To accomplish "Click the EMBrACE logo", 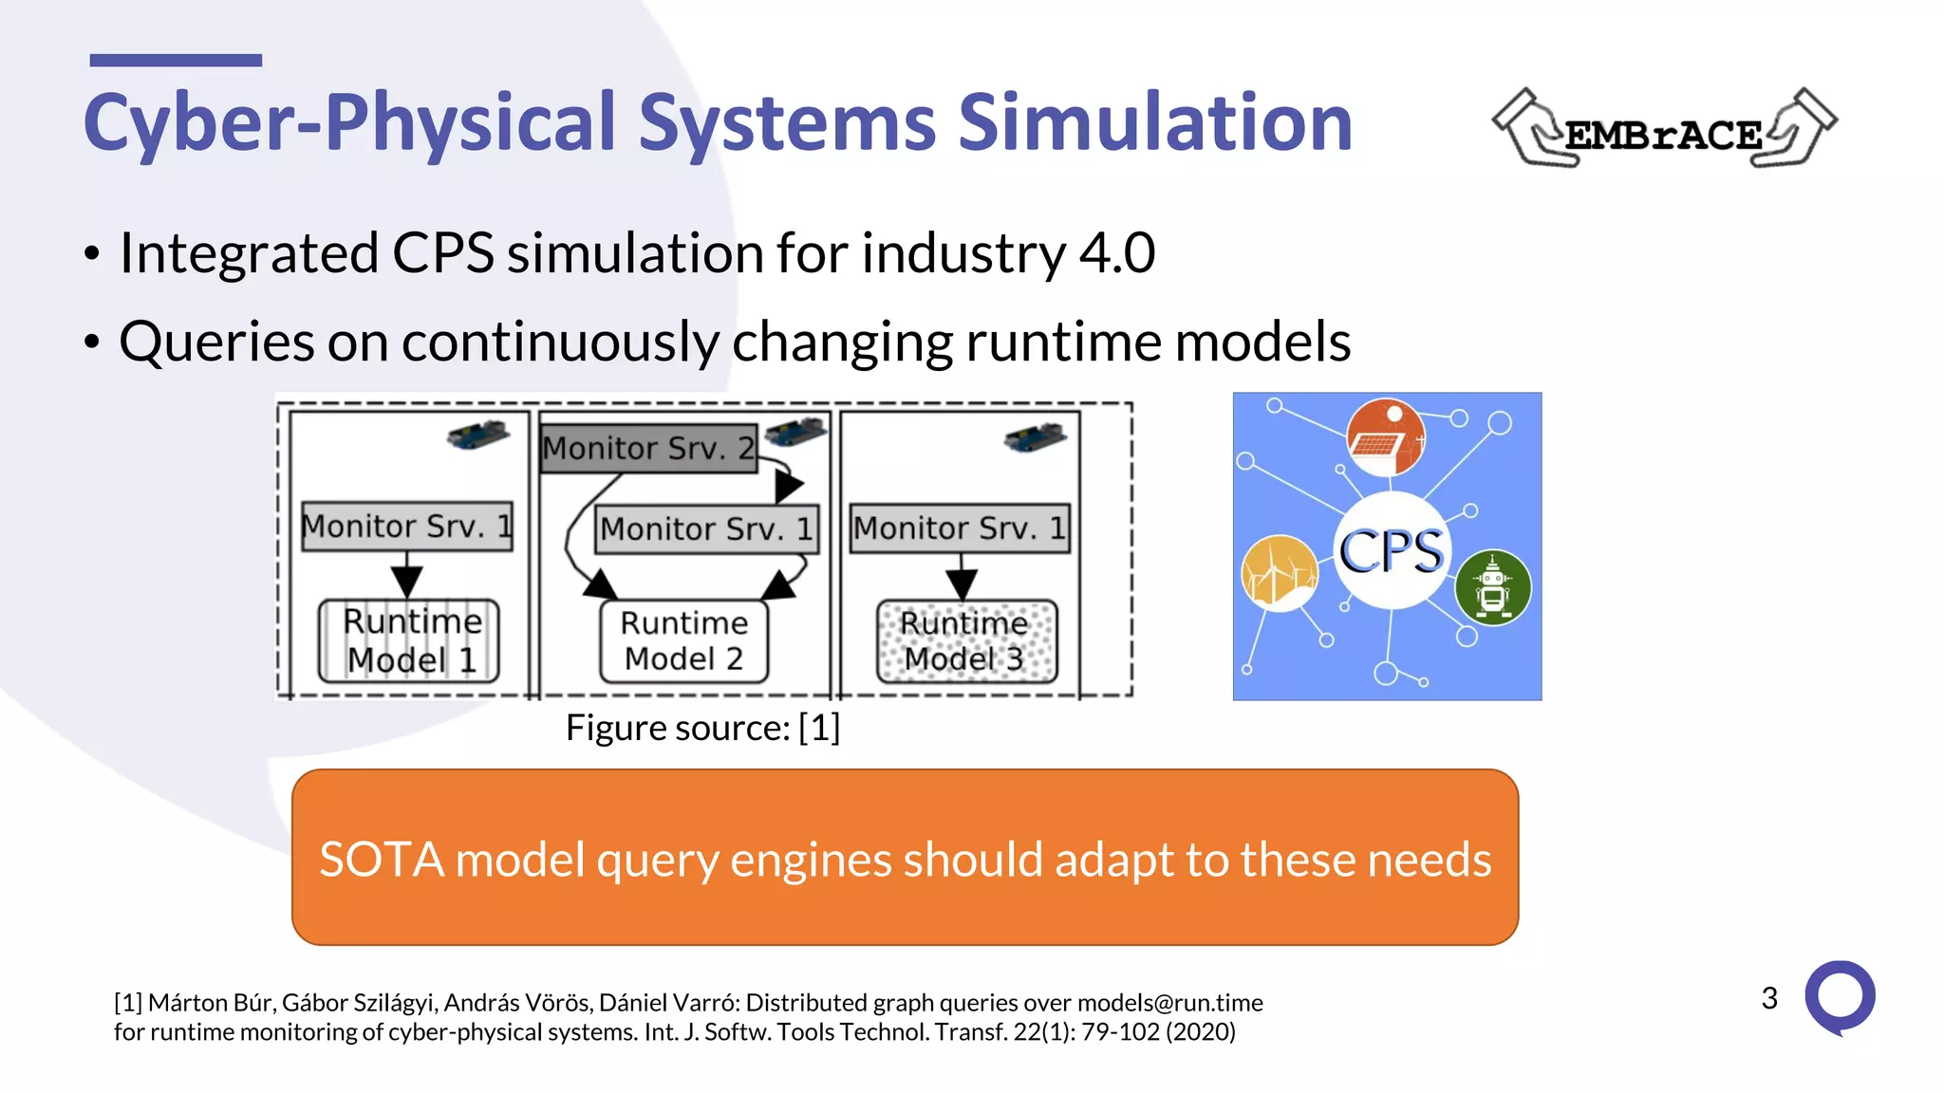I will (1664, 130).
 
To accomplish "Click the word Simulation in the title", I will (1154, 122).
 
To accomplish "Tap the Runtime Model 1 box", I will (409, 641).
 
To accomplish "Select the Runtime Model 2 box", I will (683, 641).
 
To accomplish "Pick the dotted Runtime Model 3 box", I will (965, 641).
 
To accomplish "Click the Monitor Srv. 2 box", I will (648, 448).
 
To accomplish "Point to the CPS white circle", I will (1392, 551).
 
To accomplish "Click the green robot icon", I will (1493, 587).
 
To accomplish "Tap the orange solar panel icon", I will (1385, 437).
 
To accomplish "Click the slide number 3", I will (1769, 998).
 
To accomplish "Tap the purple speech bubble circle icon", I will (1840, 997).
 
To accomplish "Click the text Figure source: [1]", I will (702, 728).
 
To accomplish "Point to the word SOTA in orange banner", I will (381, 860).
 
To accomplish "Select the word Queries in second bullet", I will (216, 343).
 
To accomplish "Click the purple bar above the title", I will (176, 61).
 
